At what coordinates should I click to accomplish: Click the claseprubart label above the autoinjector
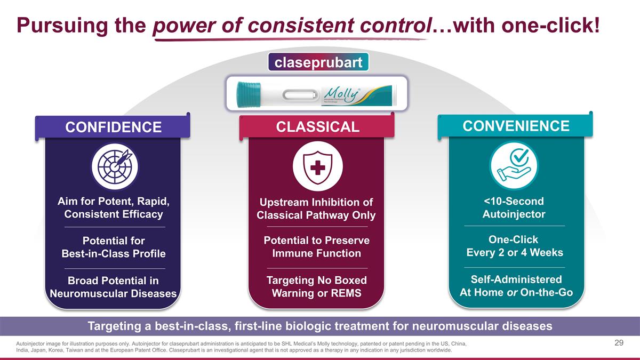coord(318,62)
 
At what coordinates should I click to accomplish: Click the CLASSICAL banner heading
coord(317,126)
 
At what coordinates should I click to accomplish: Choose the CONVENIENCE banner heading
coord(516,126)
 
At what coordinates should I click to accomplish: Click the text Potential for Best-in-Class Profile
coord(113,247)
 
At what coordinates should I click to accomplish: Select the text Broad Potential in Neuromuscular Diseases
coord(113,287)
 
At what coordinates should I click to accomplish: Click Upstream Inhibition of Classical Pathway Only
coord(316,209)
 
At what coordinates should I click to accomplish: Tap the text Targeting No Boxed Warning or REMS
coord(316,287)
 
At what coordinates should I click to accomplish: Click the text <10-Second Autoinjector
coord(514,208)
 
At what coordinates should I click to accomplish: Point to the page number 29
coord(619,343)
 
